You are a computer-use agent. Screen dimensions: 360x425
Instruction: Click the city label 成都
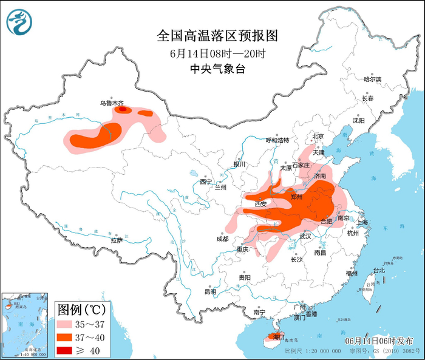pos(222,239)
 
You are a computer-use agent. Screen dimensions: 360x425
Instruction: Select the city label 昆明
pos(210,291)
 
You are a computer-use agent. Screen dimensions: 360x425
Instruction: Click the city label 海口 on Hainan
pos(279,336)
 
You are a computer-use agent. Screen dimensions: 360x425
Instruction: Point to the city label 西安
pos(261,205)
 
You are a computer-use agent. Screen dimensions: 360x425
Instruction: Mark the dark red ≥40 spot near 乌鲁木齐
pos(123,110)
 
